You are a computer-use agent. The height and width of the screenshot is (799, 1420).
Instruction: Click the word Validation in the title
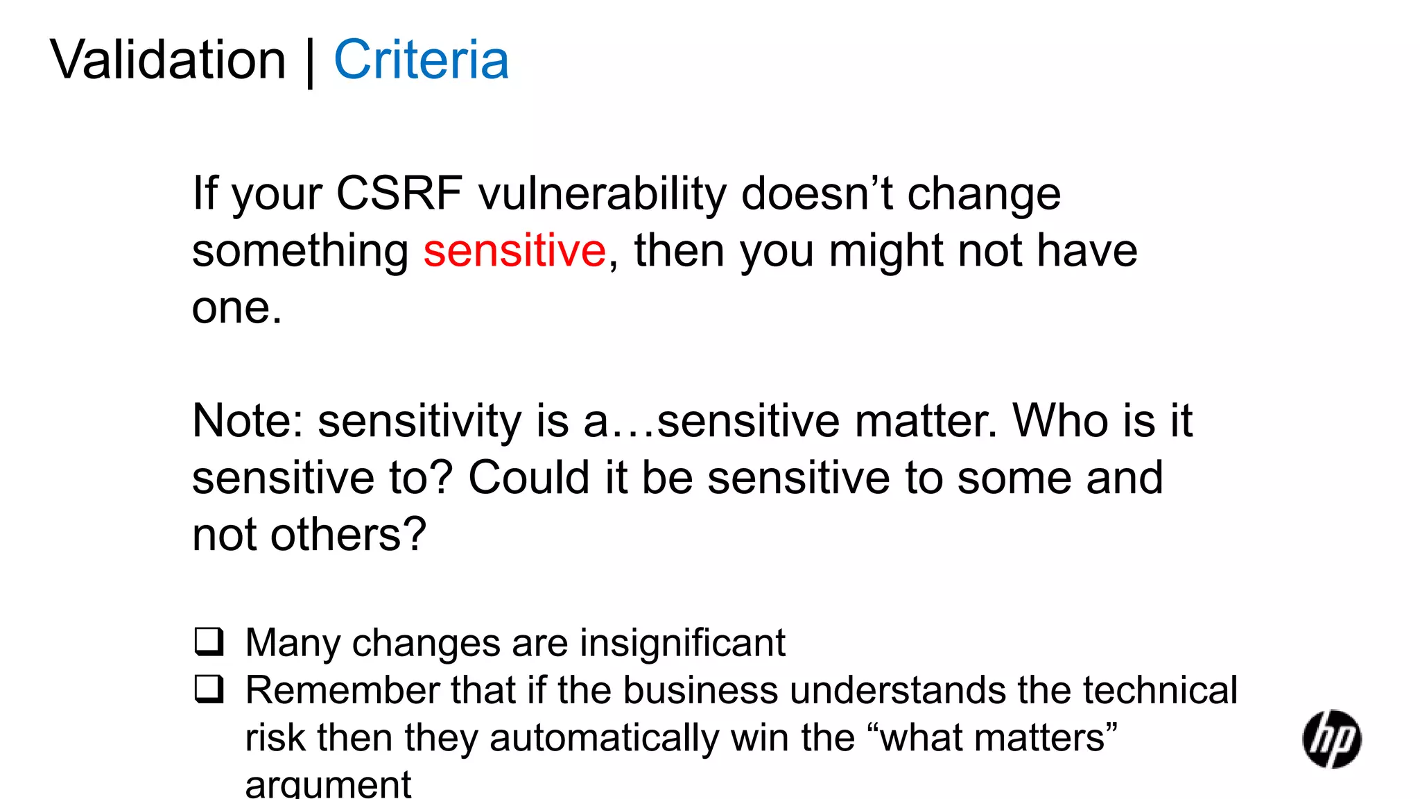pyautogui.click(x=168, y=60)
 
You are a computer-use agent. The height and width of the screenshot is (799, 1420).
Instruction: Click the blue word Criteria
pyautogui.click(x=422, y=60)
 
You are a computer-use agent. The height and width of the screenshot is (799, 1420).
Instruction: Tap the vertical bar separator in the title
pyautogui.click(x=310, y=62)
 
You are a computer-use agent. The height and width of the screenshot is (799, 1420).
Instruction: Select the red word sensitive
pyautogui.click(x=514, y=250)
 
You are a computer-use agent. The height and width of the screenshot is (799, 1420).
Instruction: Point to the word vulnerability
pyautogui.click(x=602, y=194)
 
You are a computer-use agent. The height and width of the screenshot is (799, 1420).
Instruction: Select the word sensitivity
pyautogui.click(x=419, y=421)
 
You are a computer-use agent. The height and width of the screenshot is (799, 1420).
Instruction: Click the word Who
pyautogui.click(x=1061, y=420)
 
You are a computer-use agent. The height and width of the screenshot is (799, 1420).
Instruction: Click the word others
pyautogui.click(x=347, y=535)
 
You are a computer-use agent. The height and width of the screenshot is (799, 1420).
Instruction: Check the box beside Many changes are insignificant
pyautogui.click(x=209, y=642)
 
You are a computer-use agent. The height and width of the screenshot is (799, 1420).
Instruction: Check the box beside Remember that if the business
pyautogui.click(x=209, y=689)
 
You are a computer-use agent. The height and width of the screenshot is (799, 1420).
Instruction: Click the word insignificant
pyautogui.click(x=682, y=643)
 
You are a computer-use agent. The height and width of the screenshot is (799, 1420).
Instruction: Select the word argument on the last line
pyautogui.click(x=328, y=784)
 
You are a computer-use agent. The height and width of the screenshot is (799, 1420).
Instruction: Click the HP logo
pyautogui.click(x=1331, y=739)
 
